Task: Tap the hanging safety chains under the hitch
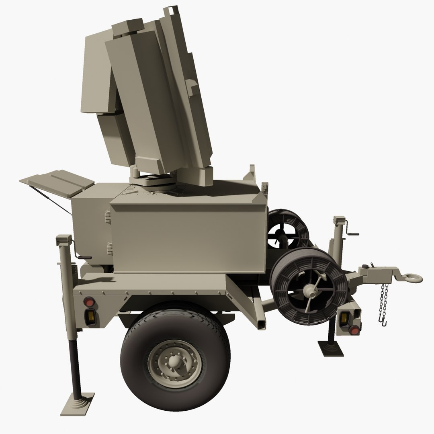pyautogui.click(x=384, y=301)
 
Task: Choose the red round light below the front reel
pyautogui.click(x=354, y=330)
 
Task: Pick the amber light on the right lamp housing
pyautogui.click(x=344, y=319)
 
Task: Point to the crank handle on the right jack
pyautogui.click(x=353, y=233)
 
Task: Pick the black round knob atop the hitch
pyautogui.click(x=366, y=266)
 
